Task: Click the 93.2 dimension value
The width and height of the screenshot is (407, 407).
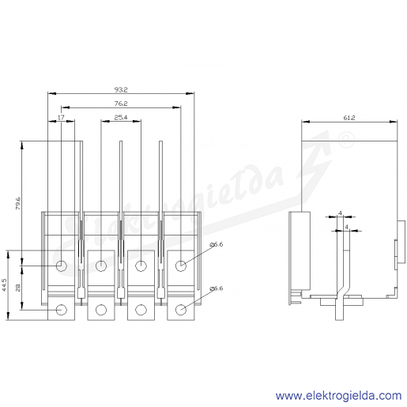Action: click(121, 89)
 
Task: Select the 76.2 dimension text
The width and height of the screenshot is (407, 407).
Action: click(121, 104)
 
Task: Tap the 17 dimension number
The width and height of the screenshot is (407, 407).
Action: click(61, 117)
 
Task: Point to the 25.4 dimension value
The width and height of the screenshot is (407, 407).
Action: click(121, 117)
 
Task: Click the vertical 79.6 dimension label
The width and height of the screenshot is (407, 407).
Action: click(17, 203)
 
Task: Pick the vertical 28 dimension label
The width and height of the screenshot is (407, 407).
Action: click(17, 288)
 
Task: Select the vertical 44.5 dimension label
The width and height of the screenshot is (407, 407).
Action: click(4, 285)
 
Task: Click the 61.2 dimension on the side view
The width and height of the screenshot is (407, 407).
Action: click(349, 118)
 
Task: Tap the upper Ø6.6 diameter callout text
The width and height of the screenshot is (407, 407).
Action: click(217, 244)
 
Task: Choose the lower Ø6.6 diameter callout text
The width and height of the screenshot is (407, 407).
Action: click(217, 288)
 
